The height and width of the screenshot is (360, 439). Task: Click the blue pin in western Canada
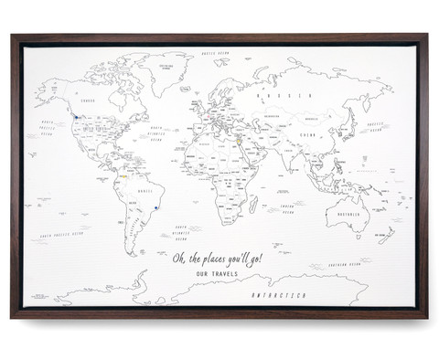click(70, 116)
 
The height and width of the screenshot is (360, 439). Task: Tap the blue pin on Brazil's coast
click(155, 207)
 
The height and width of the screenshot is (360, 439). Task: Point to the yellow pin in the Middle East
click(234, 141)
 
